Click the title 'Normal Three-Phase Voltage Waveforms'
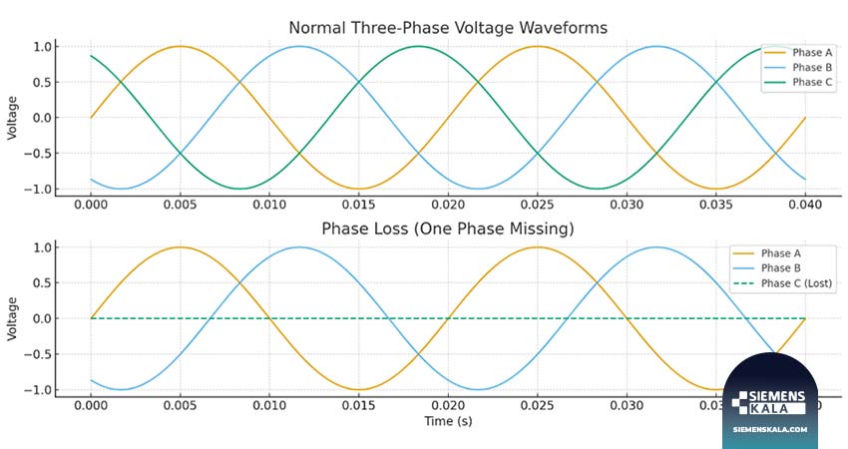(x=448, y=28)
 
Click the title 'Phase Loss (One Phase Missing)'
(x=448, y=228)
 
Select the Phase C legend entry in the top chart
(x=798, y=82)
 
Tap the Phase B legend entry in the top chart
(x=798, y=68)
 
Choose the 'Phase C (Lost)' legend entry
(x=782, y=283)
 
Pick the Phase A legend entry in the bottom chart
(x=766, y=253)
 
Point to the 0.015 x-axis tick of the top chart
(x=358, y=205)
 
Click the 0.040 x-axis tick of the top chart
(x=805, y=205)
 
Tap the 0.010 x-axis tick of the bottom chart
(x=269, y=406)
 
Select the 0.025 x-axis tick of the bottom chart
(x=537, y=406)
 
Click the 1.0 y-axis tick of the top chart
(x=42, y=47)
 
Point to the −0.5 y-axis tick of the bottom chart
(x=38, y=354)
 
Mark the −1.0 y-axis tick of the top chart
(x=38, y=190)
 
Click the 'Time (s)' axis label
(x=448, y=421)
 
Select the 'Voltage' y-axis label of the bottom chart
(x=12, y=319)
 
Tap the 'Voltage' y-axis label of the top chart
(x=12, y=119)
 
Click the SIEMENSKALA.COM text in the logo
(x=770, y=429)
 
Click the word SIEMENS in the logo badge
(x=777, y=396)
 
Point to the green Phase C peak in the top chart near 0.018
(x=418, y=47)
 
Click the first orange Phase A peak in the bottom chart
(x=181, y=247)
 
